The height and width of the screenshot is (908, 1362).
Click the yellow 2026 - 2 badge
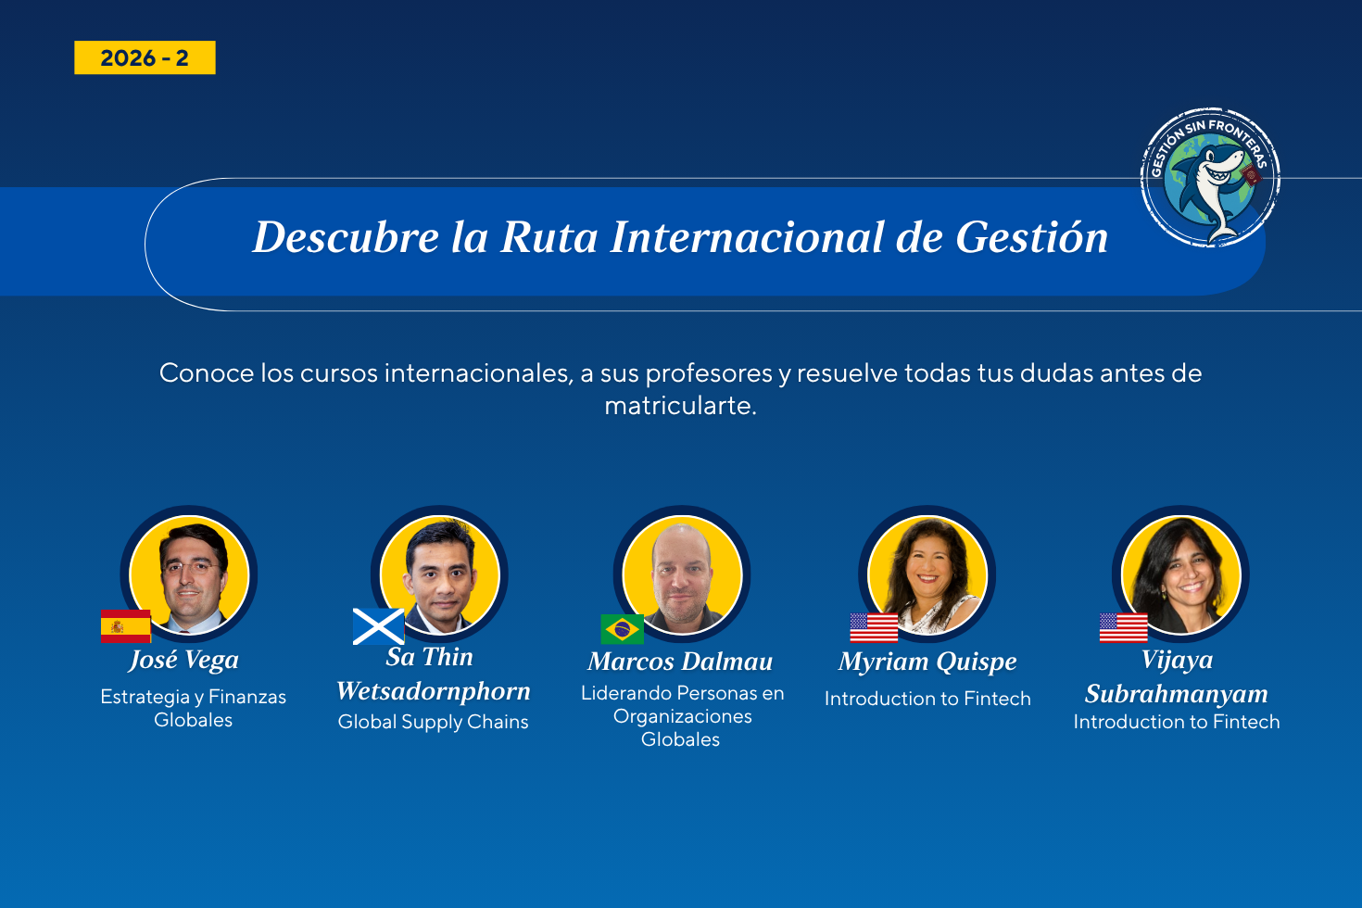click(x=145, y=57)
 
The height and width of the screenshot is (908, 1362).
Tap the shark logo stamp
click(x=1210, y=178)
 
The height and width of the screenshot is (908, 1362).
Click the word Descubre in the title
click(x=346, y=236)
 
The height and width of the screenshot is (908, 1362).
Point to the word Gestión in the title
click(x=1032, y=236)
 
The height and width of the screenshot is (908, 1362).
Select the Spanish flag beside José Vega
click(x=125, y=625)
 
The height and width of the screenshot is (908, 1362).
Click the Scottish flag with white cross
click(x=378, y=626)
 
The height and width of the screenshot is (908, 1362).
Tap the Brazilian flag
click(x=622, y=629)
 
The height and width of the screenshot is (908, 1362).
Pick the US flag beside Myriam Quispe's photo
click(x=874, y=627)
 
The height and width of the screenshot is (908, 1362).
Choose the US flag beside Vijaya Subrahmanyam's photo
click(x=1124, y=627)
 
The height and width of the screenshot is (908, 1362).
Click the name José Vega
click(x=183, y=661)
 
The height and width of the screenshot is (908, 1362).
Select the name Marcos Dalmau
click(x=680, y=662)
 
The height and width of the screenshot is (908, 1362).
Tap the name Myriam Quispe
click(x=927, y=662)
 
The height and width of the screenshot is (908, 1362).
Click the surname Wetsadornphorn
click(x=434, y=691)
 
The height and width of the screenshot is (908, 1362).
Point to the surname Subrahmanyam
click(x=1177, y=694)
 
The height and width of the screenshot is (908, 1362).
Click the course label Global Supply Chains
click(x=433, y=722)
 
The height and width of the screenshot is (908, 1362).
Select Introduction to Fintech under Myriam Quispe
click(x=927, y=699)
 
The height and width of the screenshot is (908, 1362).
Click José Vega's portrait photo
click(x=189, y=574)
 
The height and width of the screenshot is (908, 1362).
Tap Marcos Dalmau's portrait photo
click(x=682, y=574)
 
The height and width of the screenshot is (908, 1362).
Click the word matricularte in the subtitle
click(x=680, y=406)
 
